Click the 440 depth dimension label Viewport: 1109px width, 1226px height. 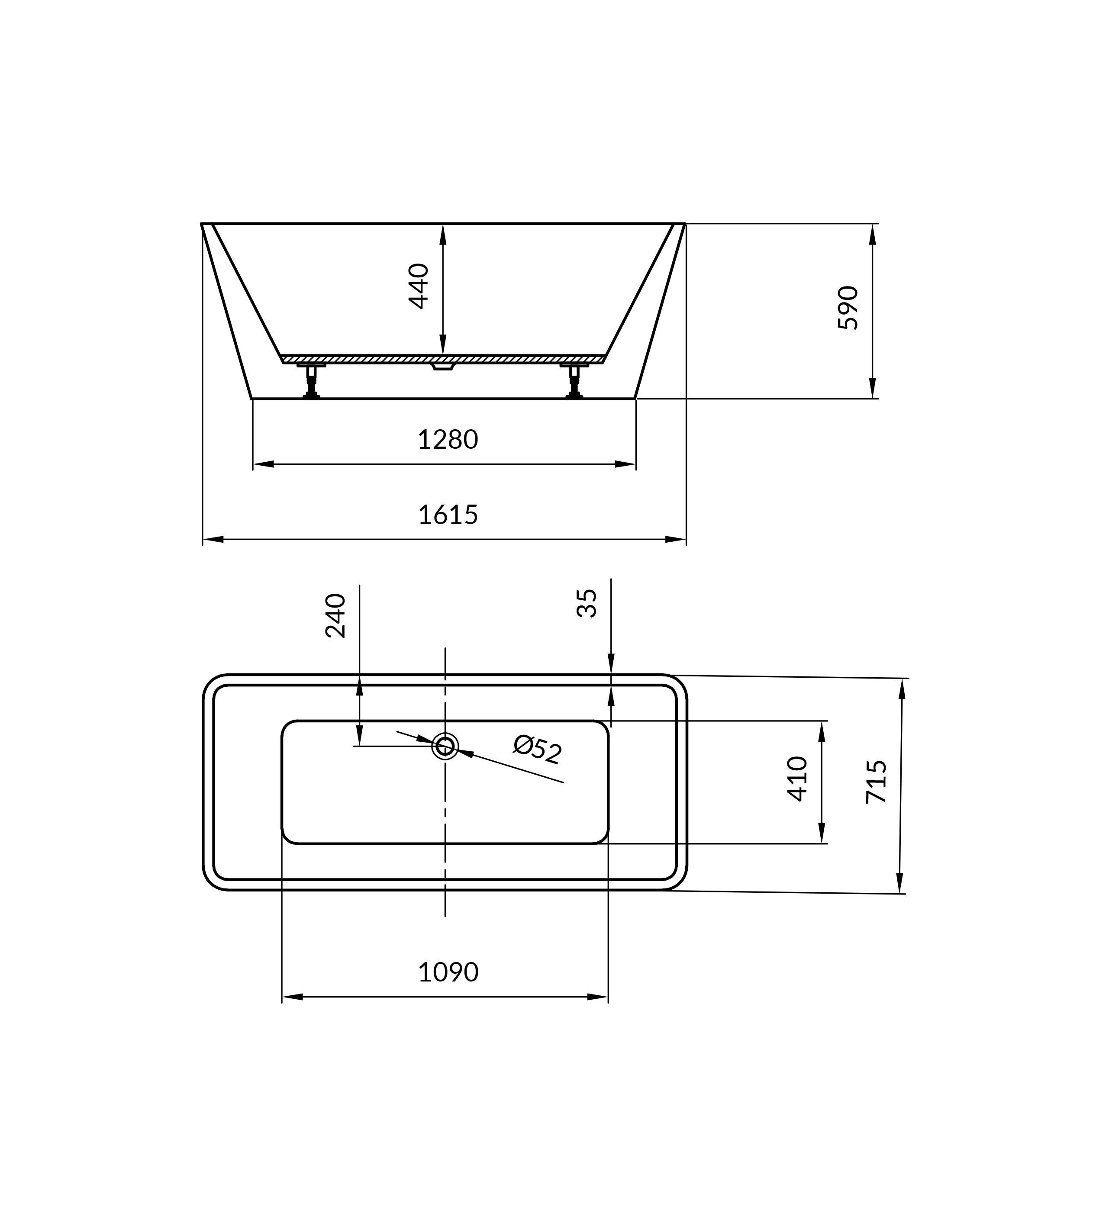(x=419, y=286)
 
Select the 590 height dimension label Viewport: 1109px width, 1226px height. (x=848, y=308)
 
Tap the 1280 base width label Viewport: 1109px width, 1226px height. (x=448, y=440)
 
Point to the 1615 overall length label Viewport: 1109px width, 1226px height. (x=448, y=515)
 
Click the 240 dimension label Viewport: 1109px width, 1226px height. (x=335, y=615)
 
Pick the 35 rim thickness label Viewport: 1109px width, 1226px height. (x=587, y=603)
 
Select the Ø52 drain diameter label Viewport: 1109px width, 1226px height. (x=537, y=749)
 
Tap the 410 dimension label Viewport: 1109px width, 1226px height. (x=797, y=779)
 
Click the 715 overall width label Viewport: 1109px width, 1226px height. (x=877, y=782)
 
